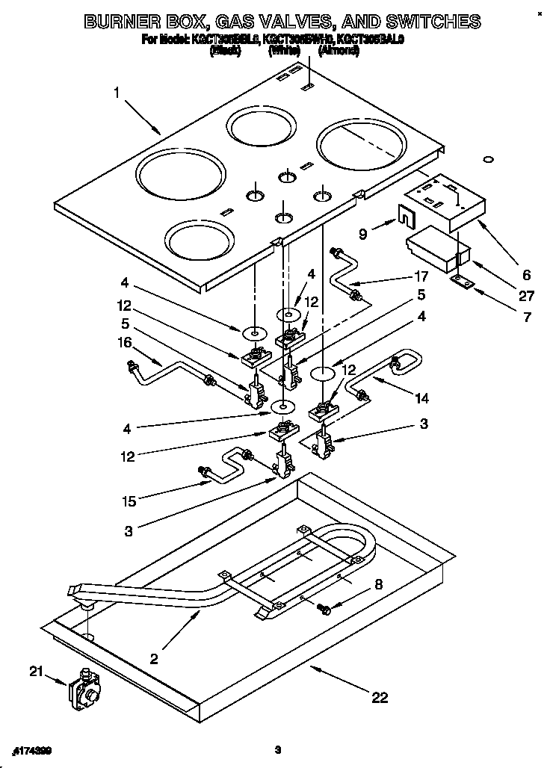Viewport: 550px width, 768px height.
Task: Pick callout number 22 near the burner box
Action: (380, 698)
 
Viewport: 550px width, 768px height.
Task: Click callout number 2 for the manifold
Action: (154, 658)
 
